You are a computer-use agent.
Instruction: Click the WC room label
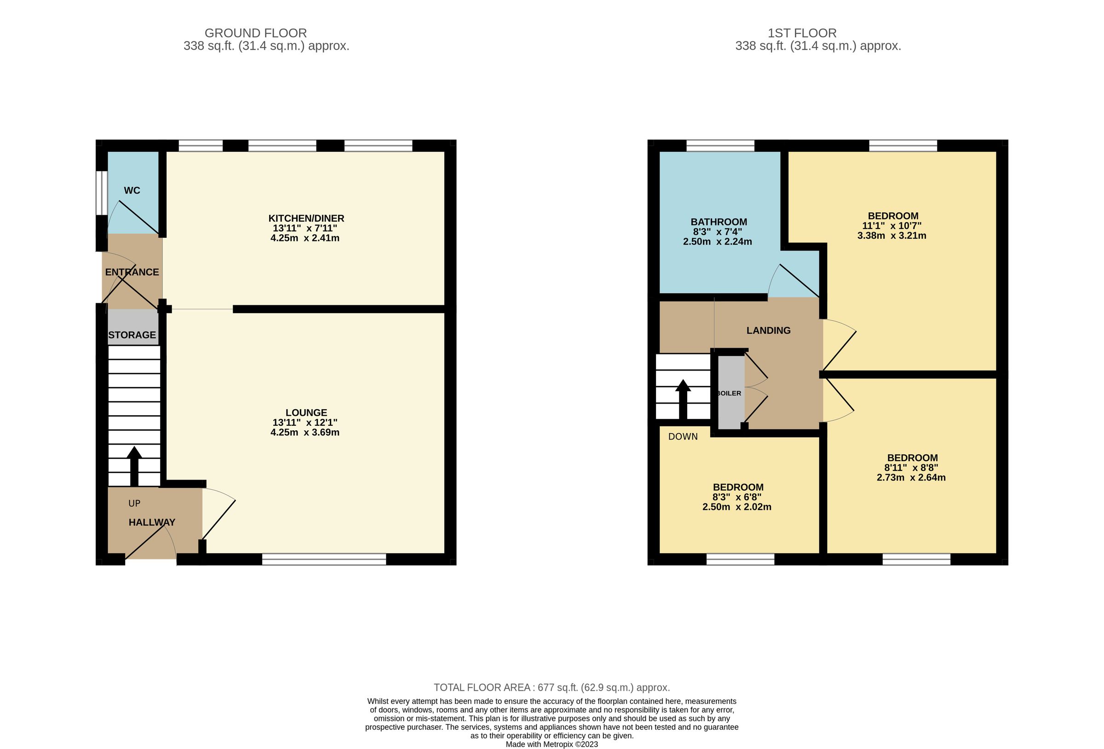coord(132,190)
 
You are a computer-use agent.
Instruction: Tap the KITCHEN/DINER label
coord(306,218)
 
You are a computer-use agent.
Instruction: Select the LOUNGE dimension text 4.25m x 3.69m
coord(305,432)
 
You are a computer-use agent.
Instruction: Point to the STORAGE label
coord(132,335)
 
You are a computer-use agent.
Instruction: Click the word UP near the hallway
coord(134,503)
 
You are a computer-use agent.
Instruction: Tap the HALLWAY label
coord(152,522)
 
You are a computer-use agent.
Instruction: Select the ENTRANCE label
coord(132,272)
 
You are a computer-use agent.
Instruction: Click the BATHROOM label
coord(718,222)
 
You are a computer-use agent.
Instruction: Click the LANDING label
coord(768,331)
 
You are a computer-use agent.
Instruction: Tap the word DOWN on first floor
coord(683,436)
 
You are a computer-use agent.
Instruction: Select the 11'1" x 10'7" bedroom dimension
coord(891,226)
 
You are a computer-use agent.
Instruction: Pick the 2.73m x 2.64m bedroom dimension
coord(911,477)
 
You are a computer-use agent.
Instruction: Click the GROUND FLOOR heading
coord(256,33)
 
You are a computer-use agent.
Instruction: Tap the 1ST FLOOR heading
coord(802,33)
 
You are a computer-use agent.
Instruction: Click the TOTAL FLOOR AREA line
coord(552,687)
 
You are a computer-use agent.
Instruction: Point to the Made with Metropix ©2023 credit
coord(552,744)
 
